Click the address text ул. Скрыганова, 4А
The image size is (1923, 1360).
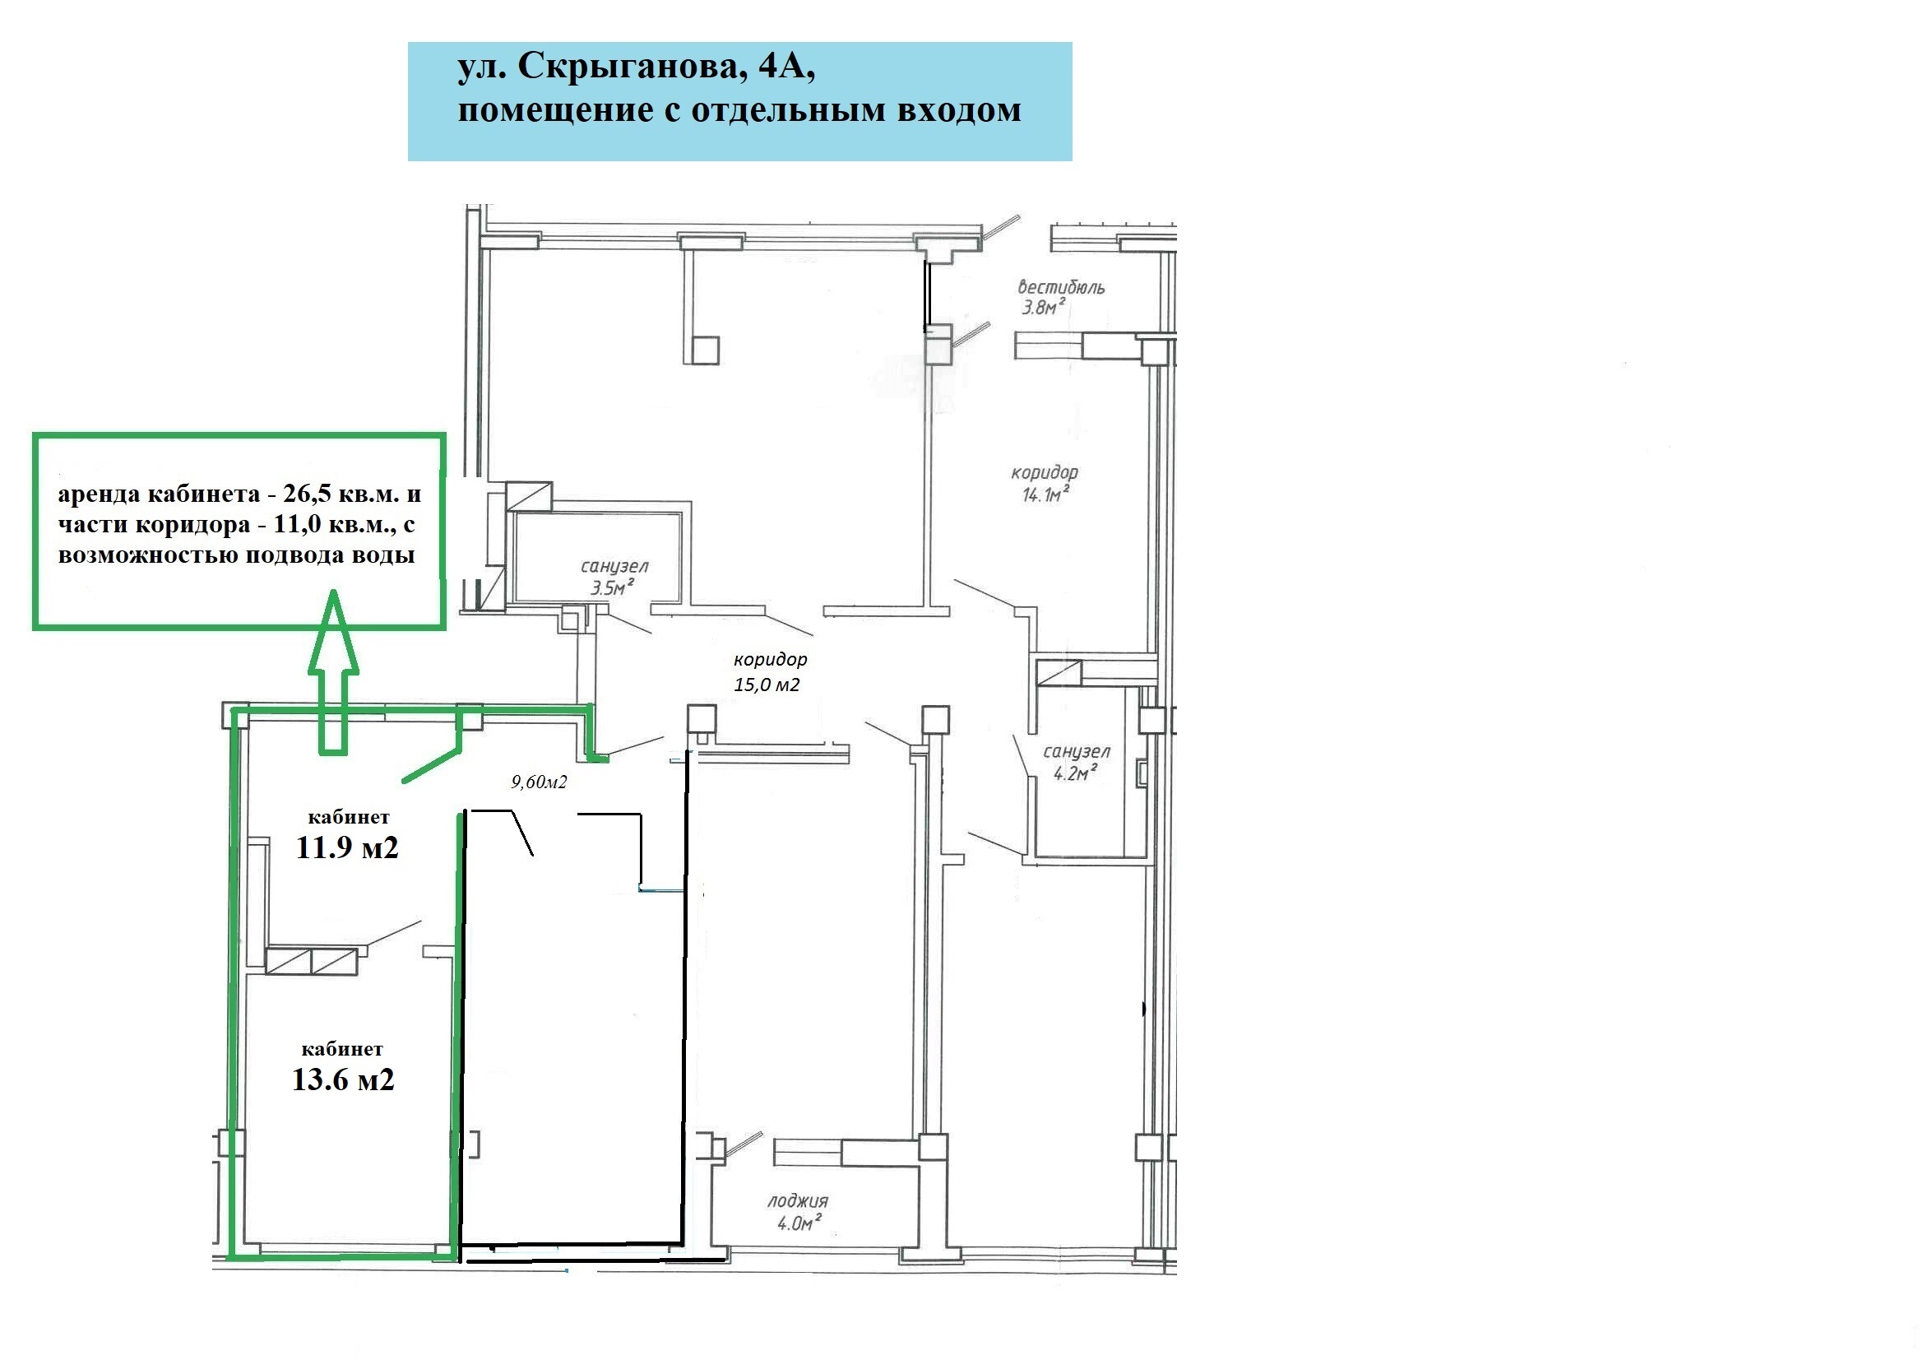637,67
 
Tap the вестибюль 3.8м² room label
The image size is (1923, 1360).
1061,298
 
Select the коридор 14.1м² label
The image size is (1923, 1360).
1045,484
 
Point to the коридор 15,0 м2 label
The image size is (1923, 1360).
770,672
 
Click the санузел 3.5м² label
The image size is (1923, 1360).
614,578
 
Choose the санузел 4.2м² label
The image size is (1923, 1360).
1077,763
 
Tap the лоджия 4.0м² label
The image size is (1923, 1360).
798,1213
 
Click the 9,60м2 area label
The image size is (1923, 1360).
540,782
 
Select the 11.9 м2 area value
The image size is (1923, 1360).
347,848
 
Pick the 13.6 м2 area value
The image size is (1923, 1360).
342,1079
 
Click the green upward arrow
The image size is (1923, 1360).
333,671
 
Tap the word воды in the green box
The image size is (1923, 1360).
382,555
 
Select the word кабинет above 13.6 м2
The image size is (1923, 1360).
342,1049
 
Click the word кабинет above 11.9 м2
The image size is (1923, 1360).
350,817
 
